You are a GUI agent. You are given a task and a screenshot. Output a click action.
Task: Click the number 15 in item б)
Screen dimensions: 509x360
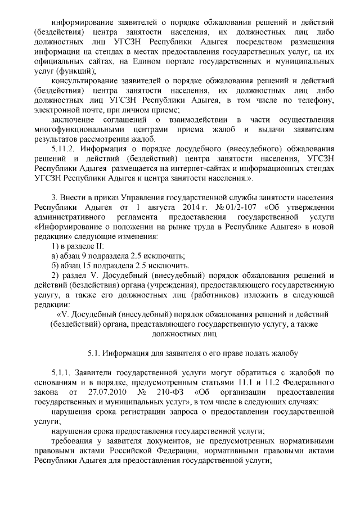click(88, 266)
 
